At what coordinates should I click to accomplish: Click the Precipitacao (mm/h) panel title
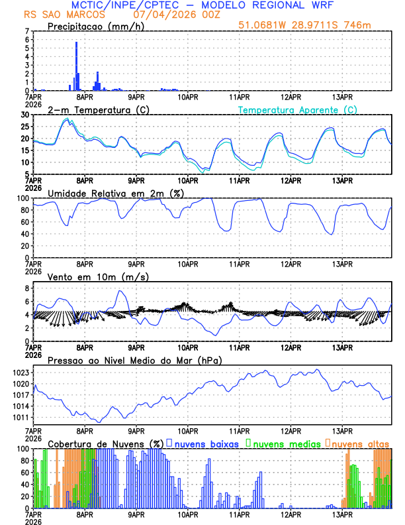(x=92, y=26)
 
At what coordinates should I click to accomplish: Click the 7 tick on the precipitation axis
(x=28, y=31)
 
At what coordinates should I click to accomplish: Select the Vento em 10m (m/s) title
(x=98, y=276)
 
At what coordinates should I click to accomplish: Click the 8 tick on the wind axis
(x=28, y=288)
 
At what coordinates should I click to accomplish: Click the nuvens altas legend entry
(x=359, y=443)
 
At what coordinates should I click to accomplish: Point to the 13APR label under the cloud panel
(x=342, y=513)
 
